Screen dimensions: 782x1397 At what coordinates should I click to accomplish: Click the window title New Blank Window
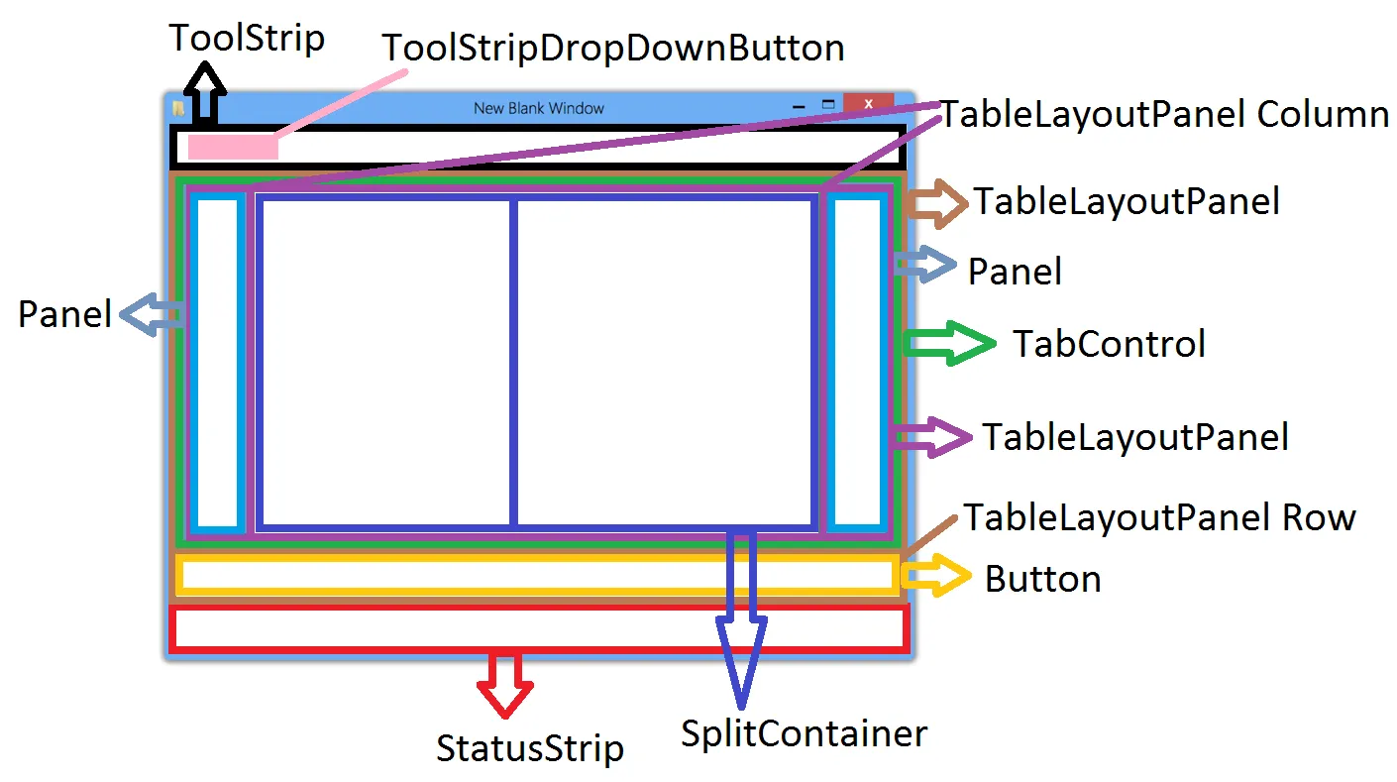538,108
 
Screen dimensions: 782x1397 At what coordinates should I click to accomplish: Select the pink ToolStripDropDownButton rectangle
233,147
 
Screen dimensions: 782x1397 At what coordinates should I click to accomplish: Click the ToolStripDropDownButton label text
613,48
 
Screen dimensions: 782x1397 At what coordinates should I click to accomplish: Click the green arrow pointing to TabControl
949,343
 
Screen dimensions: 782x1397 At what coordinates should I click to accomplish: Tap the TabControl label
1109,344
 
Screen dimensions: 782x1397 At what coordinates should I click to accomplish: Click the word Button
1042,579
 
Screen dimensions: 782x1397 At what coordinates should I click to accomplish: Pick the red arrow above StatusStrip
504,683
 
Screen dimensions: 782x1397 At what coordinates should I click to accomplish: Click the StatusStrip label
530,748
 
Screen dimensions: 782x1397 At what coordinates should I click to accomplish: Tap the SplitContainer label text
804,733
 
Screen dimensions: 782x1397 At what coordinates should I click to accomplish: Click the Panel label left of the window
65,314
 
